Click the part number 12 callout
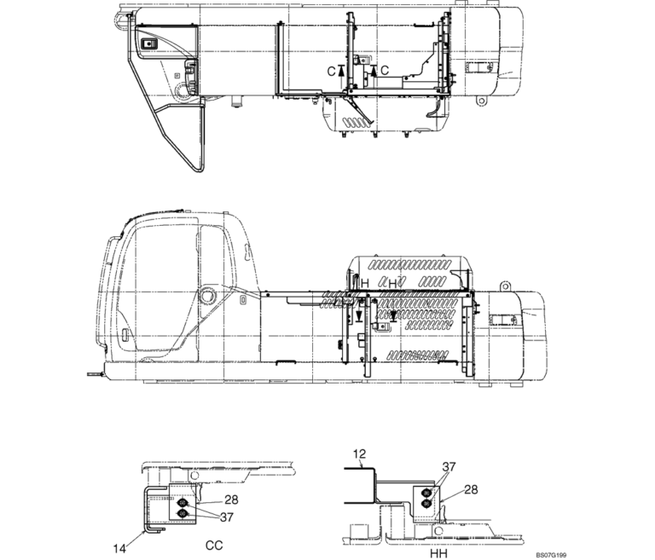(361, 456)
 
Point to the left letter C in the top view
(331, 71)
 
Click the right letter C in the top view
(385, 70)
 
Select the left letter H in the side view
(364, 282)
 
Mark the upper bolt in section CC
(183, 503)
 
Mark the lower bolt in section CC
(183, 512)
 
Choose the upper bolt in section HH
(426, 493)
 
